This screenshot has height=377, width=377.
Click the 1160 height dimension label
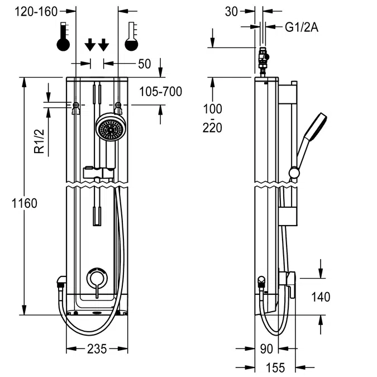point(23,203)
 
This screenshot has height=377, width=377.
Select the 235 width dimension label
point(97,349)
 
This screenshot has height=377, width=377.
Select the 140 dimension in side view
point(321,297)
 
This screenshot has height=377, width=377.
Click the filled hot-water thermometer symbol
point(64,37)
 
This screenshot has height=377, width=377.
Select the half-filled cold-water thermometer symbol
point(132,37)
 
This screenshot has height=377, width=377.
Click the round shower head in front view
point(109,129)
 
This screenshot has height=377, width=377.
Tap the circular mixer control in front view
point(97,278)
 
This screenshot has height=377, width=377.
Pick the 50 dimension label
point(144,64)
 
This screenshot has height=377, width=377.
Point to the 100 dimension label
point(212,108)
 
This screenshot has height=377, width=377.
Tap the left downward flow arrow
point(89,45)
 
